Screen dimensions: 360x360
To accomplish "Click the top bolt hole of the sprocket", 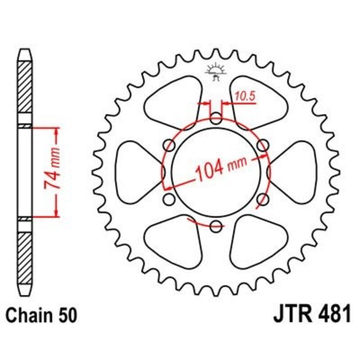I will pos(216,120).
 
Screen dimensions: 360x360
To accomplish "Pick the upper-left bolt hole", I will pos(170,145).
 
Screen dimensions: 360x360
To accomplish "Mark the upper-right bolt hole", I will pos(262,145).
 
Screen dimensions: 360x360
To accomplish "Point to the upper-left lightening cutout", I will pos(173,101).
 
